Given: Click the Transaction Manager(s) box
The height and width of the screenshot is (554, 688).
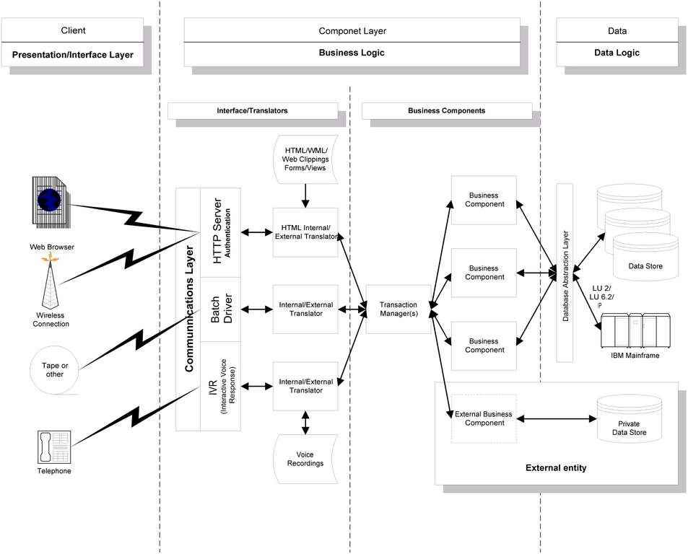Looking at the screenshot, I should pyautogui.click(x=398, y=309).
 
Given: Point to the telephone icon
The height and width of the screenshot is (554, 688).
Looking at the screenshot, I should pyautogui.click(x=53, y=447).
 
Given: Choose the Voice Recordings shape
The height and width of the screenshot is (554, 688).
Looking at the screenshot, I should pyautogui.click(x=305, y=459).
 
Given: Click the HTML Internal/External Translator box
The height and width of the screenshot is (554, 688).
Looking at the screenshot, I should pyautogui.click(x=305, y=232).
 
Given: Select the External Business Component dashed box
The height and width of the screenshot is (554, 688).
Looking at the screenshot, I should pyautogui.click(x=484, y=418).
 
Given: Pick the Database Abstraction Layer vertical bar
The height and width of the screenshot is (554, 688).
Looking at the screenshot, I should pyautogui.click(x=565, y=274).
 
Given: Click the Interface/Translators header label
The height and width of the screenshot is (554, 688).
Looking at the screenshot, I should pyautogui.click(x=252, y=111).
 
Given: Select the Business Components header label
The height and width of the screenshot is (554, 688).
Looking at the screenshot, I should pyautogui.click(x=446, y=111).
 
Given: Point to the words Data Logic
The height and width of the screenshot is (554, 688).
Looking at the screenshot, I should pyautogui.click(x=616, y=53).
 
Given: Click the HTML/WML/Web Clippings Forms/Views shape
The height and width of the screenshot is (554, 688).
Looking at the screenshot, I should pyautogui.click(x=305, y=159).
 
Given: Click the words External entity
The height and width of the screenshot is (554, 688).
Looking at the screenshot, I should pyautogui.click(x=555, y=468).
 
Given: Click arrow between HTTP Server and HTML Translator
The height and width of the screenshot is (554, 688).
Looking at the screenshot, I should pyautogui.click(x=257, y=232).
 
